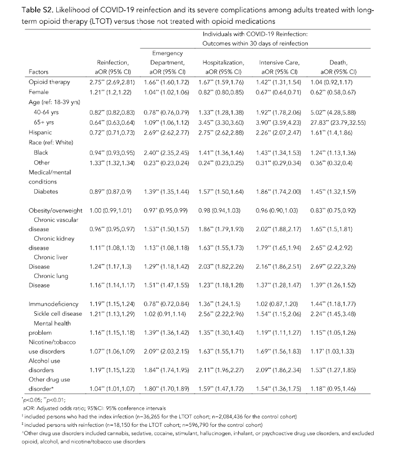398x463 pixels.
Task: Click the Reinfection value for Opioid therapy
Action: click(x=110, y=82)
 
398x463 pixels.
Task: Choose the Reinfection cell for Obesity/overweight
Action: click(x=110, y=210)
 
